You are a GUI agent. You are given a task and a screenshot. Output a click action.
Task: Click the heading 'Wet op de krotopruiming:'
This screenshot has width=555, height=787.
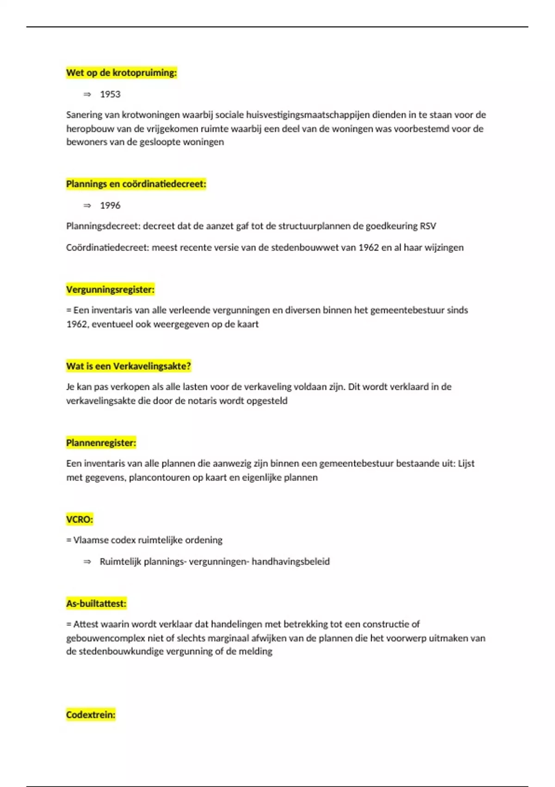coord(121,73)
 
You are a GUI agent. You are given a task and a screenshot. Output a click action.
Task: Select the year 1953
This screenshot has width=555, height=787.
coord(110,94)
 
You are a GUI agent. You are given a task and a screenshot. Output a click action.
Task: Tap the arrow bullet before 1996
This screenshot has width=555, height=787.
coord(87,206)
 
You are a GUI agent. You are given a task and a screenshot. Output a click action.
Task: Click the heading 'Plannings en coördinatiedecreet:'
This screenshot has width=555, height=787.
coord(136,184)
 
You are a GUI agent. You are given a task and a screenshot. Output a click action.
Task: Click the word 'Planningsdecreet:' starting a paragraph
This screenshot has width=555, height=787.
coord(103,226)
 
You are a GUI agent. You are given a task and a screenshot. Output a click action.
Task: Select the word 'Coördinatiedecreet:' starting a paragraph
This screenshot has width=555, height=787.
coord(107,248)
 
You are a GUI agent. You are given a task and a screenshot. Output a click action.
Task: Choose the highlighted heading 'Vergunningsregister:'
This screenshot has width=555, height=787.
coord(110,290)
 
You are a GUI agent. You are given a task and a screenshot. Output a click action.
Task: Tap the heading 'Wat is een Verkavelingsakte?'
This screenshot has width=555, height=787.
coord(128,366)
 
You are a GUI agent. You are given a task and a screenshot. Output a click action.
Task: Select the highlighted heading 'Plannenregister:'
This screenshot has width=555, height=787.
coord(101,443)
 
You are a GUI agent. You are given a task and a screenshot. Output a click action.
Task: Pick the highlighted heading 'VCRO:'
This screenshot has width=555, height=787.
coord(80,519)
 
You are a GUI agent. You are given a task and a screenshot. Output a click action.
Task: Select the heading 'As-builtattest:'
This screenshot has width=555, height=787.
coord(96,604)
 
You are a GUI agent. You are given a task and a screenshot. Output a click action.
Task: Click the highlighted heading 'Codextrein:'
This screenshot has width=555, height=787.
coord(91,715)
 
